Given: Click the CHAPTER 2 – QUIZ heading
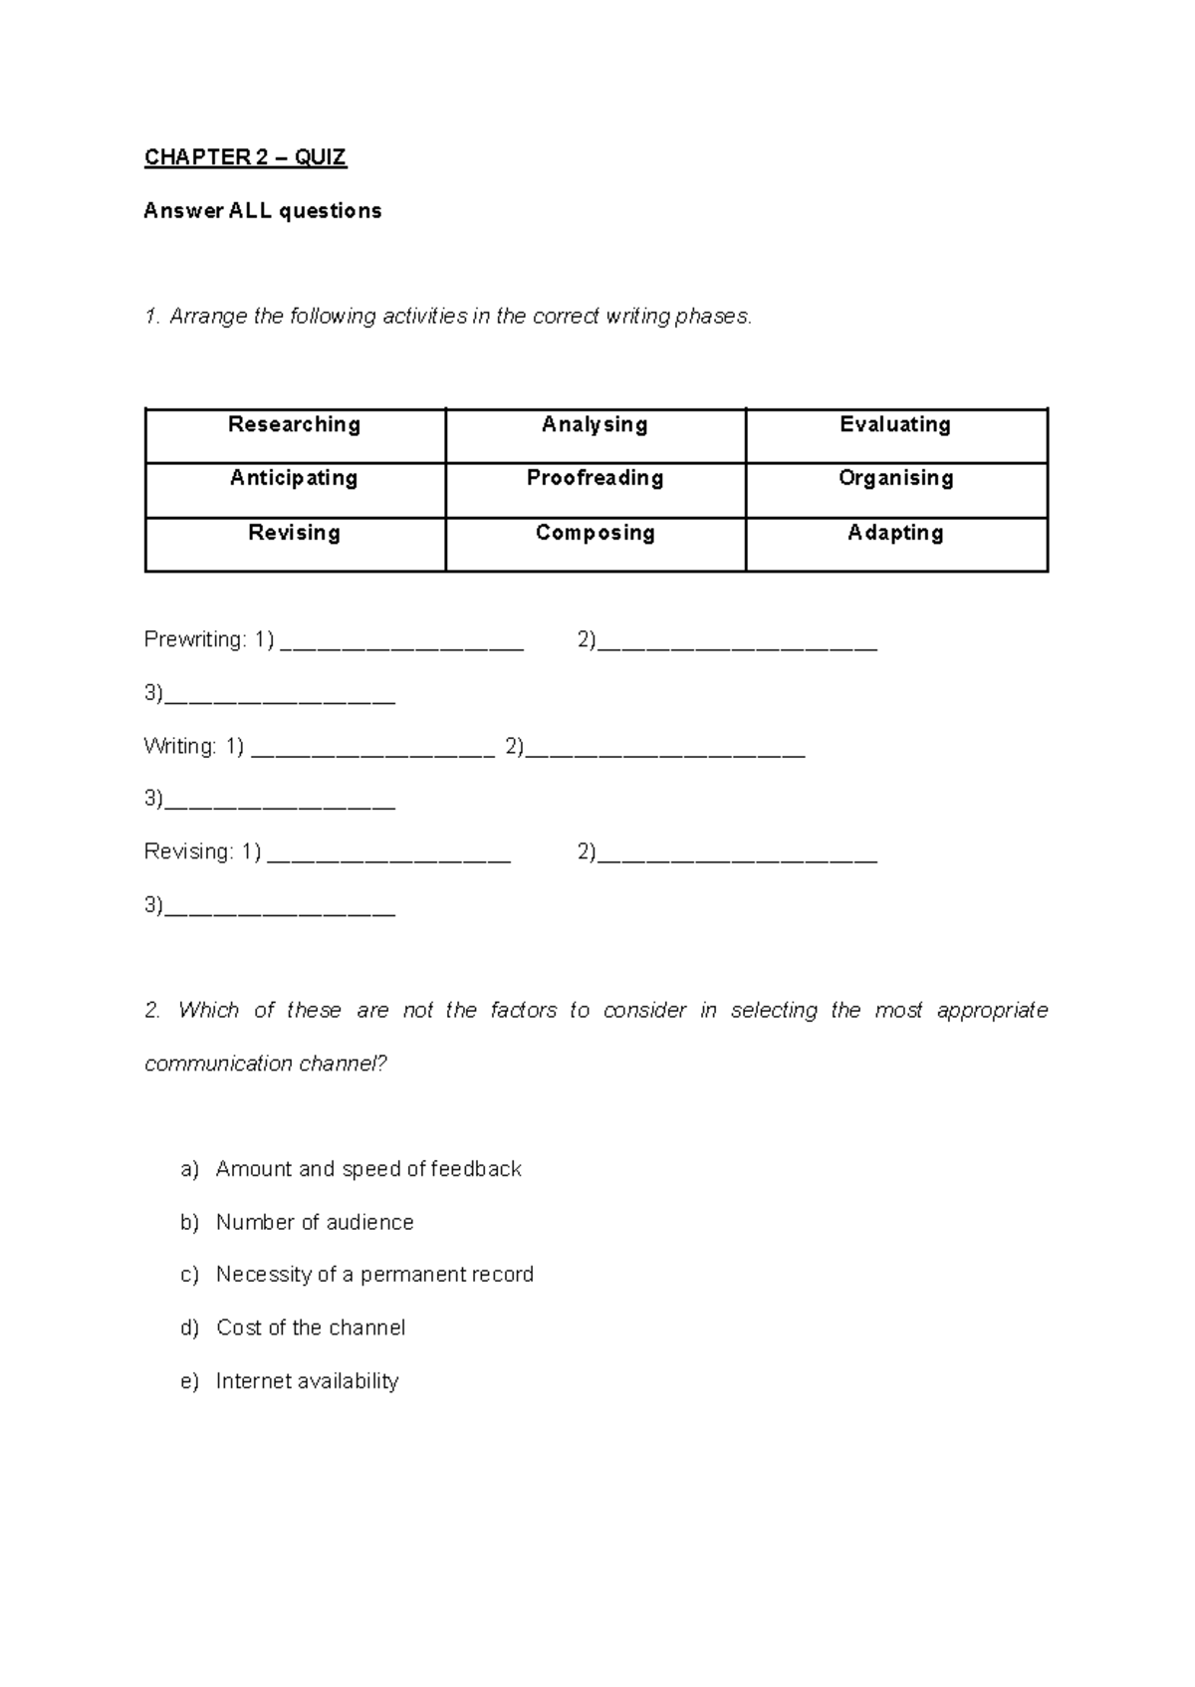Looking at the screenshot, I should pyautogui.click(x=245, y=157).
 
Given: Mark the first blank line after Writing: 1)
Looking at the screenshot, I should pyautogui.click(x=372, y=749).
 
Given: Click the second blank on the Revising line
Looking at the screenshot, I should pyautogui.click(x=737, y=853).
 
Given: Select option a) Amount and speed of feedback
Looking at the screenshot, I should pyautogui.click(x=367, y=1169).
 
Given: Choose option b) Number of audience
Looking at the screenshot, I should pyautogui.click(x=314, y=1222).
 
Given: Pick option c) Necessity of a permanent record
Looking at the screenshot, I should pyautogui.click(x=374, y=1275).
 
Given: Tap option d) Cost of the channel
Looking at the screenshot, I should pyautogui.click(x=310, y=1327).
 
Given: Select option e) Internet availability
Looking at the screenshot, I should pyautogui.click(x=307, y=1381).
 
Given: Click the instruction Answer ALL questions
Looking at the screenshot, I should pyautogui.click(x=263, y=211).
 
